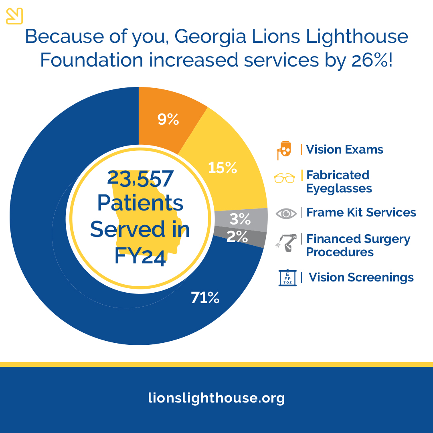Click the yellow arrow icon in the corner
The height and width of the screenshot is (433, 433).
14,16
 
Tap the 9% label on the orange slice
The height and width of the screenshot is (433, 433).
168,119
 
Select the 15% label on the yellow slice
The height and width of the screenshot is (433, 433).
223,168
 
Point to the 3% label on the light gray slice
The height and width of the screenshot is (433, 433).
240,219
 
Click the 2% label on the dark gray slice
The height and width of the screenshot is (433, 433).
237,237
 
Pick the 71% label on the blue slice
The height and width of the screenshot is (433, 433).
205,297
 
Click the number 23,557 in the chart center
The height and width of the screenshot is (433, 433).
140,179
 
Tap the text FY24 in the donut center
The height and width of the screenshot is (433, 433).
140,256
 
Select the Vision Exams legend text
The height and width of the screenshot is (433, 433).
344,150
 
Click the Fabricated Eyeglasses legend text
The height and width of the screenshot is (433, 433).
339,181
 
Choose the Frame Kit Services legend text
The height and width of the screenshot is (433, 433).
361,212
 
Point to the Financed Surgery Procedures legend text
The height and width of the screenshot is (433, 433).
358,245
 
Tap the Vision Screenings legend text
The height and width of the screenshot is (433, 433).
361,277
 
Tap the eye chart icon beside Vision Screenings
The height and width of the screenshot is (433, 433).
287,278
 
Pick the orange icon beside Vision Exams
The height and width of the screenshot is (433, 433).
284,150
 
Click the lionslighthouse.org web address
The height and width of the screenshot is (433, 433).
216,398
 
